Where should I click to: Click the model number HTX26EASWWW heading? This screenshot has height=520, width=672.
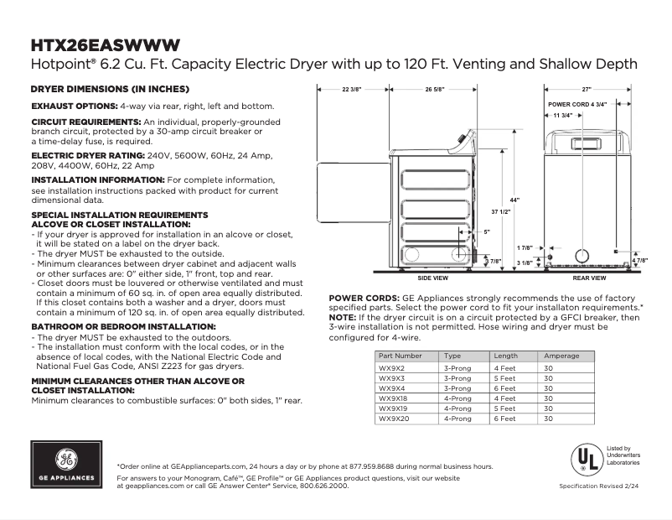coord(104,44)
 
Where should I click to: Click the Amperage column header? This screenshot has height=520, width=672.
coord(561,356)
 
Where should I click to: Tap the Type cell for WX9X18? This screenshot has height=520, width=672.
coord(457,398)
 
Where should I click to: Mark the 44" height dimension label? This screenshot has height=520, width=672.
coord(513,200)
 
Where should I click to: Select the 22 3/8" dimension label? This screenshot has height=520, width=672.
coord(351,89)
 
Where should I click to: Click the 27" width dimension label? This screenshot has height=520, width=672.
coord(587,89)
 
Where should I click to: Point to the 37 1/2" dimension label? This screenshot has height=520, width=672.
coord(501,211)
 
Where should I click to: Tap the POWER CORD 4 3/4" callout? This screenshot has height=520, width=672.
coord(576,104)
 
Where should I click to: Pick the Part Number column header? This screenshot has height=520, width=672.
coord(395,356)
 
